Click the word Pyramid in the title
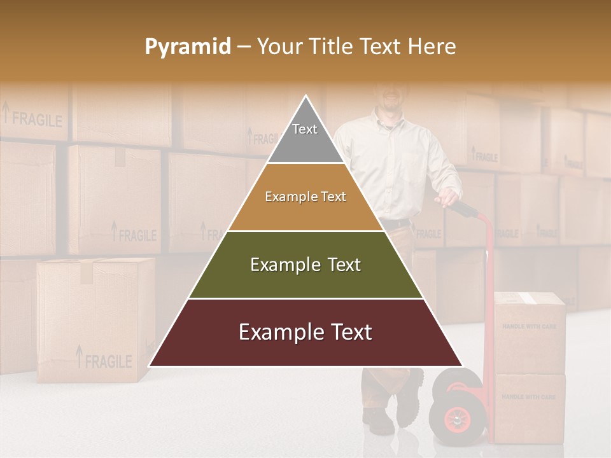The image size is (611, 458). pos(187,47)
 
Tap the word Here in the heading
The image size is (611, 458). pos(432,46)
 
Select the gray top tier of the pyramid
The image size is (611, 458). pos(305,137)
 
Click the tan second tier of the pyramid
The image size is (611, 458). pos(305,197)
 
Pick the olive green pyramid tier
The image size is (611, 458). pos(305,265)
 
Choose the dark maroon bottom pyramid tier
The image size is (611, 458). pos(305,333)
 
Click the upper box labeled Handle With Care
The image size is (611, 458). pos(530,331)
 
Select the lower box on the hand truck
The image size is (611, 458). pos(530,407)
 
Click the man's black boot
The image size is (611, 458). pos(407,401)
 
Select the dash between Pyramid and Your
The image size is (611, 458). pos(244,47)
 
